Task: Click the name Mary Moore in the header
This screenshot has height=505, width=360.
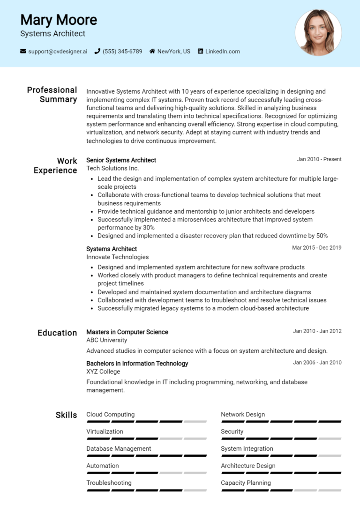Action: click(59, 20)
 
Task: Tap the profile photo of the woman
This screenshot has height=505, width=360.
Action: click(318, 33)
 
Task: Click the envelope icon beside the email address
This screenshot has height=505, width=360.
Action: click(23, 52)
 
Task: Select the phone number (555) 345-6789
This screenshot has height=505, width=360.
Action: click(122, 52)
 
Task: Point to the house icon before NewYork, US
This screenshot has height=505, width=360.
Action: click(152, 52)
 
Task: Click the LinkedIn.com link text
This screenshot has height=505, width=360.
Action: click(222, 52)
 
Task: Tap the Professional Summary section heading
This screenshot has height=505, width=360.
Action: click(52, 95)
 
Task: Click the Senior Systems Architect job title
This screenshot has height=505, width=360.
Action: click(121, 160)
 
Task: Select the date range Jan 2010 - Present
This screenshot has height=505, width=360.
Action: click(319, 159)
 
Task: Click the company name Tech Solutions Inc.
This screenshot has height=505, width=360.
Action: click(112, 168)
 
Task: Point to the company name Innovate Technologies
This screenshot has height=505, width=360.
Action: click(117, 257)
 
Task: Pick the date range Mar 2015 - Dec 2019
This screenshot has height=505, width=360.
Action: click(317, 248)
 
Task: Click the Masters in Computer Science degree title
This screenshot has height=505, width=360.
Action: click(127, 332)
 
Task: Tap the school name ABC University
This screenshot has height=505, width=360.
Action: click(106, 340)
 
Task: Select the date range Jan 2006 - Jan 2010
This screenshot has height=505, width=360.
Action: click(317, 363)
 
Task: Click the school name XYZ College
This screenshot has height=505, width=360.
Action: click(103, 371)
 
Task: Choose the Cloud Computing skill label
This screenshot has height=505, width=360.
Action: click(110, 415)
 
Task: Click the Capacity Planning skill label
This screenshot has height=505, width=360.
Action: click(246, 483)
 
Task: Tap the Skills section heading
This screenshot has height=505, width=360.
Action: click(66, 415)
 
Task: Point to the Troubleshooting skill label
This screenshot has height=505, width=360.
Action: click(109, 483)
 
